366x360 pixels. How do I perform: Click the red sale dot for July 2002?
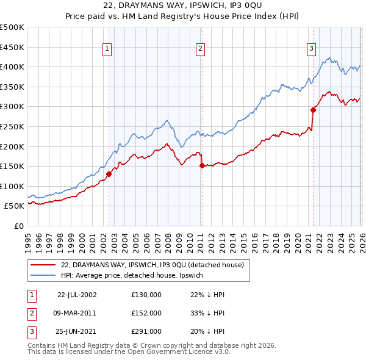point(109,174)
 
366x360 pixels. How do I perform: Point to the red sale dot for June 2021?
point(313,110)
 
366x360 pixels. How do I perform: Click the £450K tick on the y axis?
point(12,47)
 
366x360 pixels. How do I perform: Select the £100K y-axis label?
point(12,186)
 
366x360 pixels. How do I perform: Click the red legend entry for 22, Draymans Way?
point(152,265)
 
